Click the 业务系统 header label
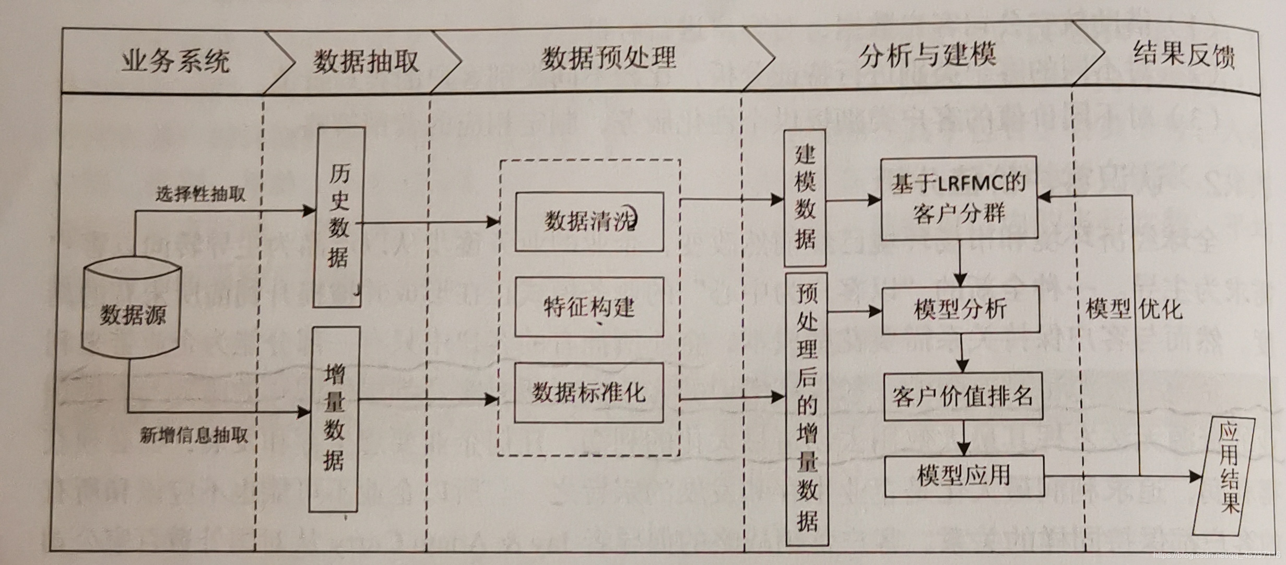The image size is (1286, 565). click(x=175, y=61)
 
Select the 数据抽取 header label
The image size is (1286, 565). click(x=365, y=61)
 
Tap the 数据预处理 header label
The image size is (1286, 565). click(x=608, y=58)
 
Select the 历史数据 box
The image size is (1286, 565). click(x=338, y=216)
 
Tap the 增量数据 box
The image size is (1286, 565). click(x=335, y=419)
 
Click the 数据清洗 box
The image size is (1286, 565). click(x=589, y=222)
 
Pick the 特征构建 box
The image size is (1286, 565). click(x=589, y=307)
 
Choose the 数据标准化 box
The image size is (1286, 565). click(x=589, y=393)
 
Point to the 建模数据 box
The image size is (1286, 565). click(x=805, y=199)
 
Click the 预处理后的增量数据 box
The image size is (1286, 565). click(x=807, y=408)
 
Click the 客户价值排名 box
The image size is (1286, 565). click(x=963, y=396)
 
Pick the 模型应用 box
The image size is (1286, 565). click(x=964, y=476)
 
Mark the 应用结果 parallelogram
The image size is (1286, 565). click(x=1224, y=476)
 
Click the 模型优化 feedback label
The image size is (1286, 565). click(x=1134, y=310)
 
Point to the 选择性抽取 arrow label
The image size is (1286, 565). click(x=200, y=195)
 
